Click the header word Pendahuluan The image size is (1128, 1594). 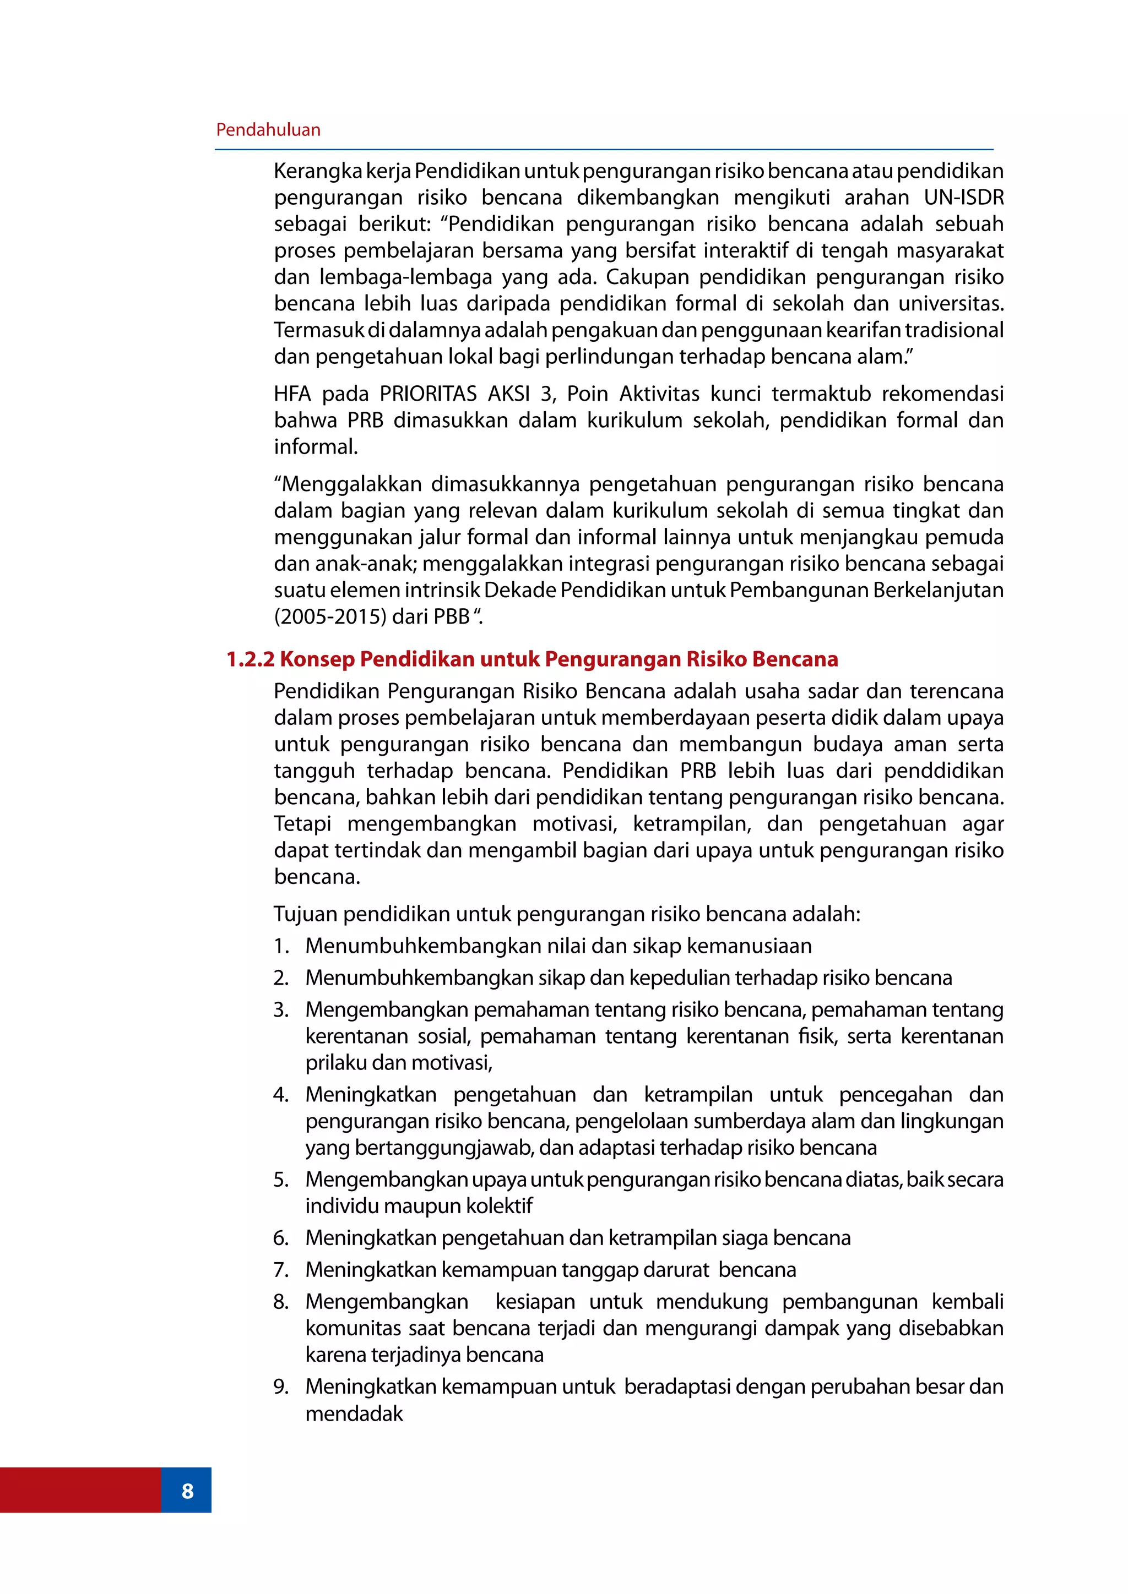pos(268,130)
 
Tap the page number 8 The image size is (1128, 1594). pos(187,1491)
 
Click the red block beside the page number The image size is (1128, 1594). pos(80,1490)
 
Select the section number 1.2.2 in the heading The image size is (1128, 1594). pos(250,659)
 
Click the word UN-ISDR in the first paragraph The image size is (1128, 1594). pos(963,198)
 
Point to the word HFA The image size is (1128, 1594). pos(292,394)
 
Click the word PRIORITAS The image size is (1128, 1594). pos(428,394)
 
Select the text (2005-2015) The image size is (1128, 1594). pos(329,616)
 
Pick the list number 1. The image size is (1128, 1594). pos(280,946)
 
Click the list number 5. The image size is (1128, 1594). pos(280,1180)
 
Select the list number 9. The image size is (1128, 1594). pos(280,1386)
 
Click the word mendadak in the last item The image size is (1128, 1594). pos(354,1413)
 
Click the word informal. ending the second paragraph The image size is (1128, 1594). pos(316,446)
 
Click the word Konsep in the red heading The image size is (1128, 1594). pos(317,659)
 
